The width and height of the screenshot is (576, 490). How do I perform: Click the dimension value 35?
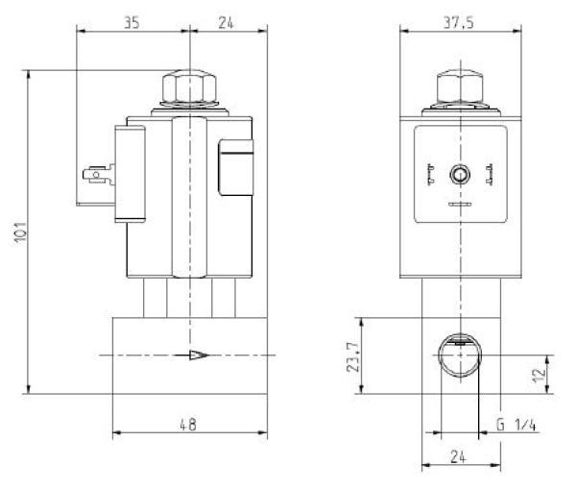132,22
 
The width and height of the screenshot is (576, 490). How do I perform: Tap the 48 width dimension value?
189,424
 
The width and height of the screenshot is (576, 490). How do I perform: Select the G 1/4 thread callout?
518,424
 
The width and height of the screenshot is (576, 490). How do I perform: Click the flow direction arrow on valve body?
199,355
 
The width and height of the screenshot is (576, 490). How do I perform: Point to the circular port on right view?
460,356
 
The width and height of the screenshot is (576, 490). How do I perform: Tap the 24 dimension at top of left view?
227,22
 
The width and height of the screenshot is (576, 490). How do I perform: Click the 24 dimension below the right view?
461,458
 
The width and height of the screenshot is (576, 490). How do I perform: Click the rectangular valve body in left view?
189,355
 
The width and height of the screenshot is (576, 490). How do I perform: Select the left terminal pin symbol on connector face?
431,175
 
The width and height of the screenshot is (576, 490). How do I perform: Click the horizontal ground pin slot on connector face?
460,204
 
